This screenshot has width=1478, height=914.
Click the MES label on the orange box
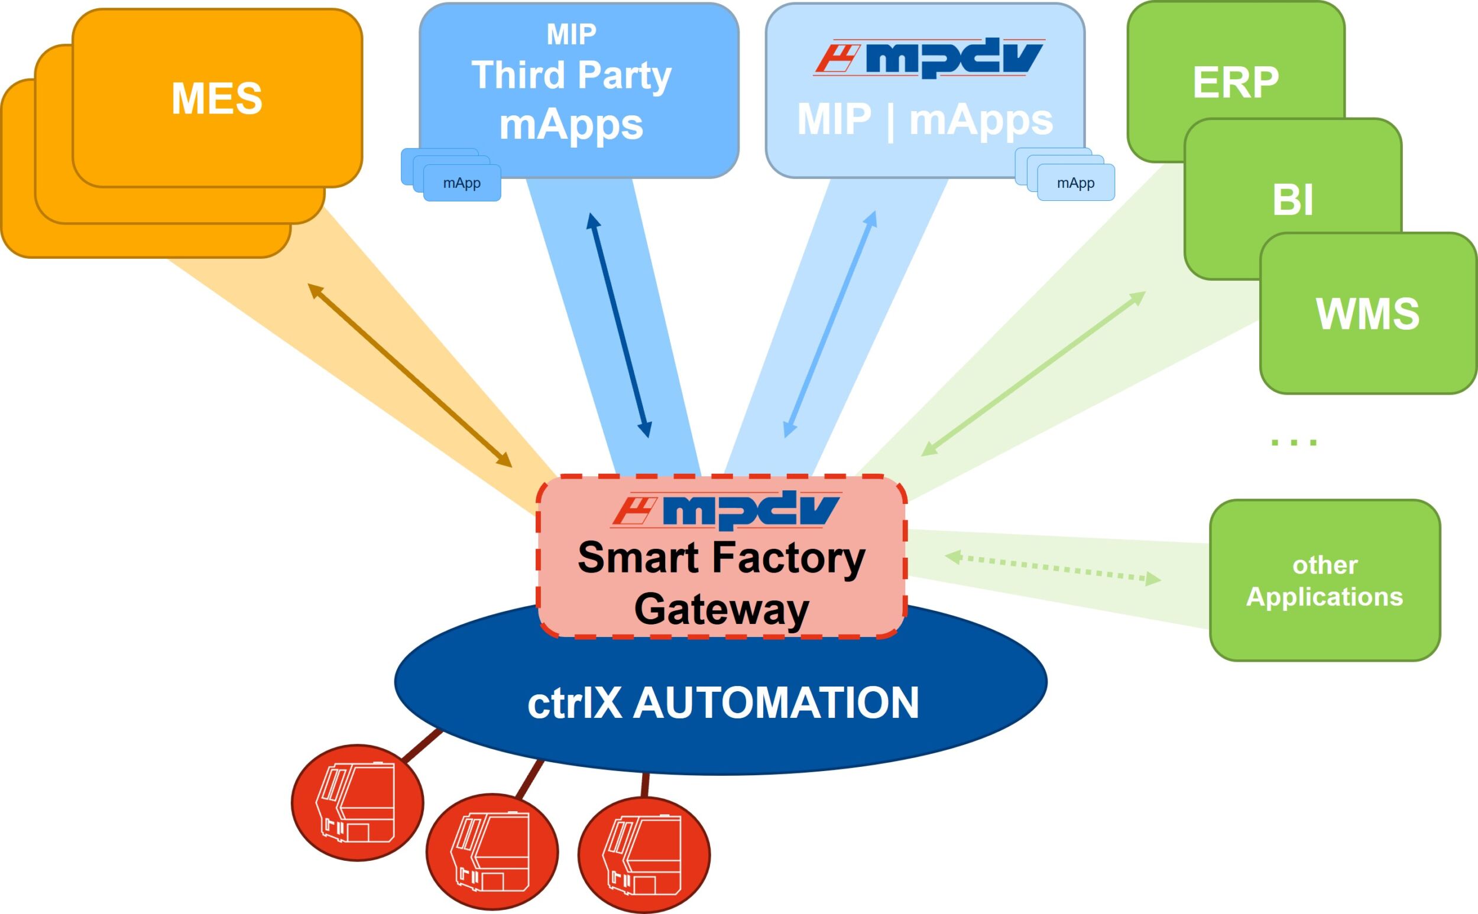tap(216, 99)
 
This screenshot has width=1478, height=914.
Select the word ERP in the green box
tap(1236, 82)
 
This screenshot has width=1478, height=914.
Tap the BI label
tap(1292, 200)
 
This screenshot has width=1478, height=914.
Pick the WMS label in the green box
tap(1367, 314)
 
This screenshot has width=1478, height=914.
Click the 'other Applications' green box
tap(1324, 580)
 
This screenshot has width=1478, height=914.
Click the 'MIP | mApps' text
tap(925, 119)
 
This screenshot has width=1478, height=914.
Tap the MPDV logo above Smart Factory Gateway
tap(725, 510)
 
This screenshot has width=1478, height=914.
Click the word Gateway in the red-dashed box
tap(721, 609)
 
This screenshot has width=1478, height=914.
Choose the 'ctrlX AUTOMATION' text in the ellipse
tap(722, 702)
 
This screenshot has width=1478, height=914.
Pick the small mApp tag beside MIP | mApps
tap(1075, 183)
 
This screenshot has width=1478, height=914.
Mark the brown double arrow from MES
tap(410, 375)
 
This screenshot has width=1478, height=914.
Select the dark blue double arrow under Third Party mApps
tap(618, 324)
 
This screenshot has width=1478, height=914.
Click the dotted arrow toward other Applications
tap(1052, 568)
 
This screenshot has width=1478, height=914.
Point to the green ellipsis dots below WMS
tap(1294, 443)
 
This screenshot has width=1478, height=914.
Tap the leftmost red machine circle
tap(358, 802)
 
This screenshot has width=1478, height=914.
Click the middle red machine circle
tap(492, 853)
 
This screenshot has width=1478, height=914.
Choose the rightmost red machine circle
tap(644, 854)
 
